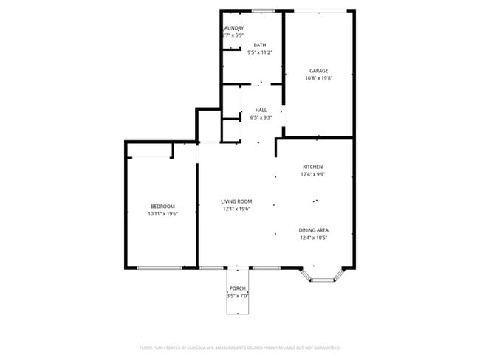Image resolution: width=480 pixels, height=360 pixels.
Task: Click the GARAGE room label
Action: (x=318, y=71)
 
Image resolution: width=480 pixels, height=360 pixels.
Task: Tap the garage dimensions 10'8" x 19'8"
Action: (x=318, y=78)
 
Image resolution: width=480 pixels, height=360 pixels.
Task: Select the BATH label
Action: (x=259, y=45)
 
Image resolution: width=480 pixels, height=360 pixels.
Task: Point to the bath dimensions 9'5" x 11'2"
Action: (x=259, y=52)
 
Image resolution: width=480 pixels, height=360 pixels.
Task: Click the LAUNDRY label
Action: (x=233, y=28)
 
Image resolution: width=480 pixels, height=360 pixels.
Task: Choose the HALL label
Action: (x=261, y=110)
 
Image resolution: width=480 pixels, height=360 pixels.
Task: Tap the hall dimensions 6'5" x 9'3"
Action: (x=261, y=117)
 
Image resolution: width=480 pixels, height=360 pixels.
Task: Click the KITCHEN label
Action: (x=312, y=167)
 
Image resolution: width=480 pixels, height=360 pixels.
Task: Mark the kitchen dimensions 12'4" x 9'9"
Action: (x=312, y=175)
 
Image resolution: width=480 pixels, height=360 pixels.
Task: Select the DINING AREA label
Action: (x=314, y=230)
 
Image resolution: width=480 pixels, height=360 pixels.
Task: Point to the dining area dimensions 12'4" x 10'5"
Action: (x=314, y=238)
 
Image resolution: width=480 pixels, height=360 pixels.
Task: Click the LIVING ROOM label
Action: (x=236, y=201)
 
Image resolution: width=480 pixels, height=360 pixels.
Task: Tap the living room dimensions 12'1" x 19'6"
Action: (x=236, y=209)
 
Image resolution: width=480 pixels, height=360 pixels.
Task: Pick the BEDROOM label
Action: (x=162, y=206)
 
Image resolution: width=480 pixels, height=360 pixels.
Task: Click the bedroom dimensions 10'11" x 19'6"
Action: (x=162, y=214)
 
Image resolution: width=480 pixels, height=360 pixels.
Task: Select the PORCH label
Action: (x=237, y=288)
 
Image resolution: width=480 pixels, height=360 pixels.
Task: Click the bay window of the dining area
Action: (x=323, y=280)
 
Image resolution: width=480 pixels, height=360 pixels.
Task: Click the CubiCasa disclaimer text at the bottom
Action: (x=239, y=347)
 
